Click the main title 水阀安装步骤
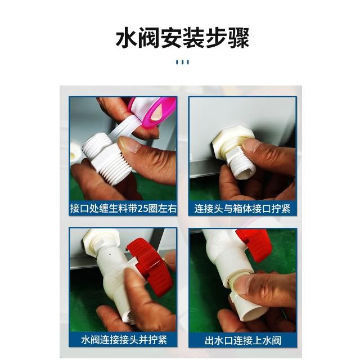point(182,38)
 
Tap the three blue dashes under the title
point(182,62)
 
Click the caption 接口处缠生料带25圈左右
point(123,209)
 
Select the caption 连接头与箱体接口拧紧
point(242,209)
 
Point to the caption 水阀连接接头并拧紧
point(124,340)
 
